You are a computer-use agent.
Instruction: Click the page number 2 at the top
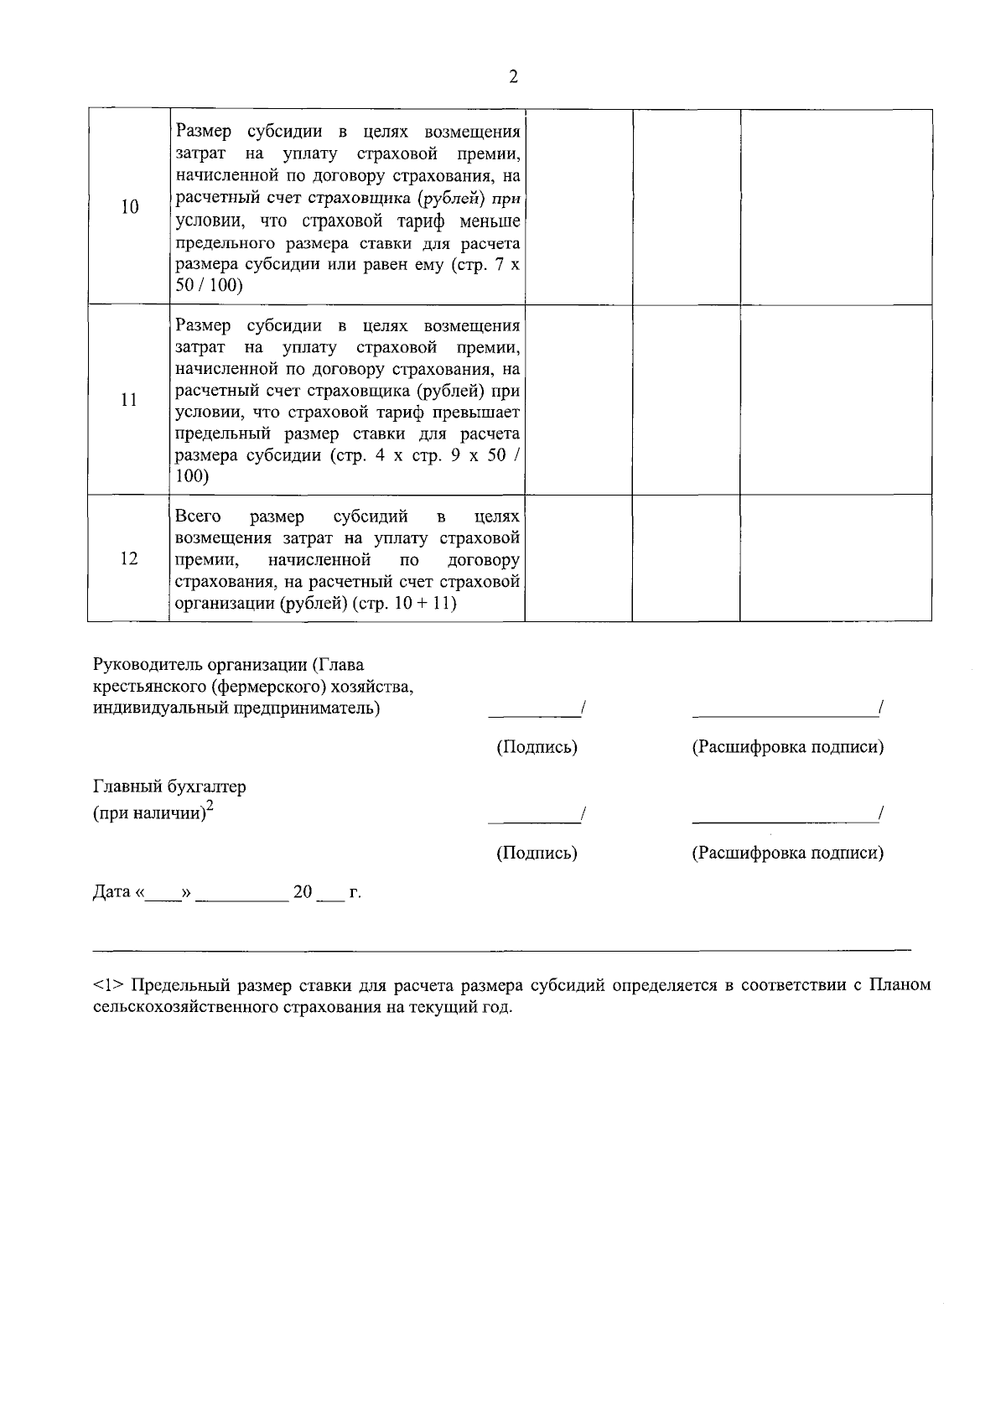click(x=513, y=77)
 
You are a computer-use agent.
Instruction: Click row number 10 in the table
click(x=129, y=208)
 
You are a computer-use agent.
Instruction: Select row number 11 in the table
click(x=129, y=400)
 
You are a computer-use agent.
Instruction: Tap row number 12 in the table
click(x=129, y=558)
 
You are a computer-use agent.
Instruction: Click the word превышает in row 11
click(x=480, y=413)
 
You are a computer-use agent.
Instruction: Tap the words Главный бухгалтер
click(x=169, y=787)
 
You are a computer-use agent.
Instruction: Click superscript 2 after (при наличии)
click(x=210, y=807)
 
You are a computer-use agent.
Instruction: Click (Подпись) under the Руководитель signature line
click(x=537, y=747)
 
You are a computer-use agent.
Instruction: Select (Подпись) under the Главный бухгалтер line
click(x=537, y=854)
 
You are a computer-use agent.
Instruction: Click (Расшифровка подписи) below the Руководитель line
click(x=787, y=747)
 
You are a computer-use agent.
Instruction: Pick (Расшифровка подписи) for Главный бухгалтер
click(x=787, y=854)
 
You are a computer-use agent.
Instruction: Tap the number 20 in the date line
click(x=303, y=892)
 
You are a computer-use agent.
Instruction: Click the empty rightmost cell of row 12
click(x=836, y=558)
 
